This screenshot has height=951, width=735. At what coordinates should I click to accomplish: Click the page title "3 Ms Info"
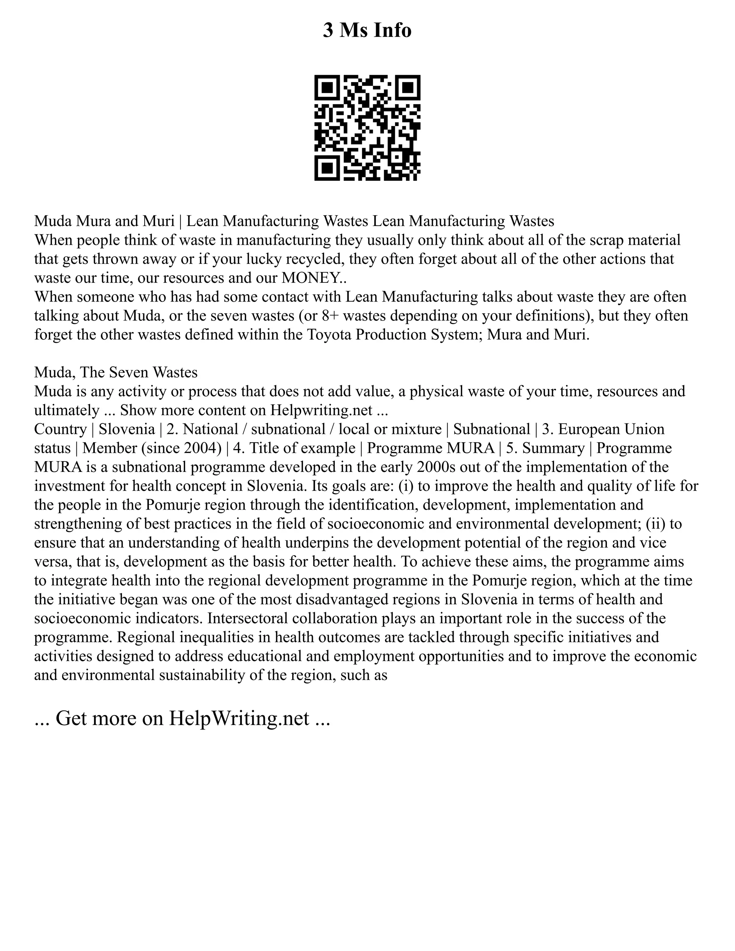367,31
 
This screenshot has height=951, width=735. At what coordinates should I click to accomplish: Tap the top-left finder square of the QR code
327,88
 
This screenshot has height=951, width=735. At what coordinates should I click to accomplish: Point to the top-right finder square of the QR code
408,88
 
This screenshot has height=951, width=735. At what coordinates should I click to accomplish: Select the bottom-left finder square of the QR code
327,168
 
